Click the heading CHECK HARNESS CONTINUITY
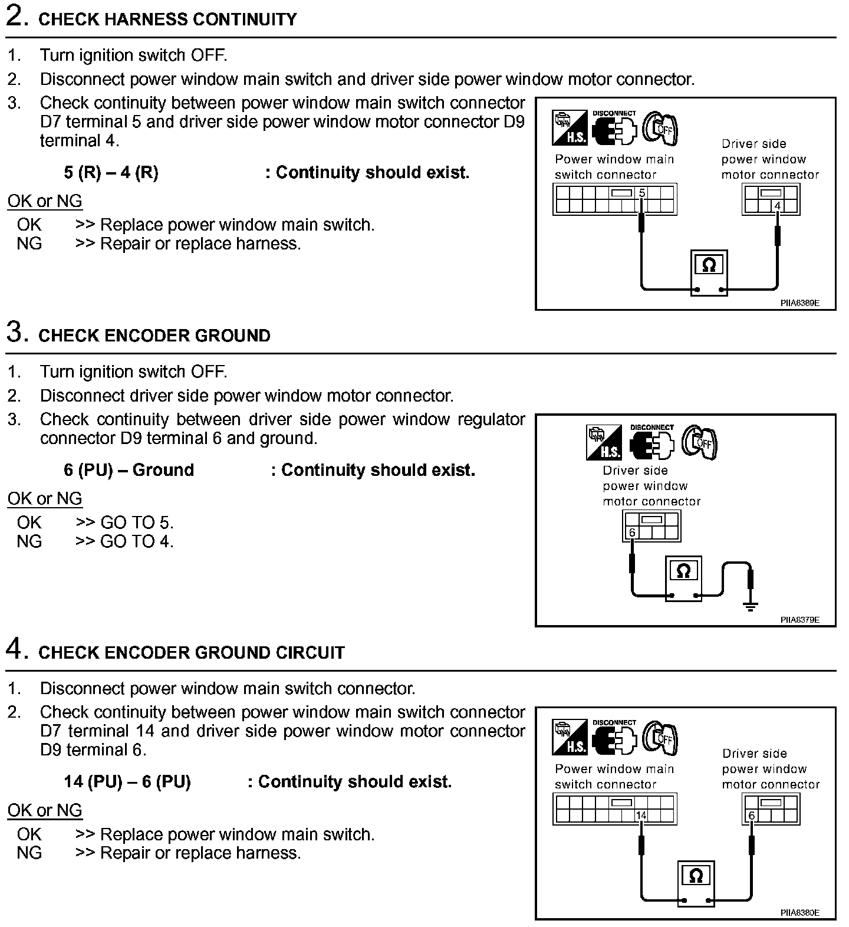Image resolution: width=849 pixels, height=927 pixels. (167, 19)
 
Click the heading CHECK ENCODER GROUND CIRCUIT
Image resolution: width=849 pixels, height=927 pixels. (191, 653)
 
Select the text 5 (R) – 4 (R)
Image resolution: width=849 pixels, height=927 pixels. (111, 173)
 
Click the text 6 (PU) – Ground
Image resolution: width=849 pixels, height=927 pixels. (129, 470)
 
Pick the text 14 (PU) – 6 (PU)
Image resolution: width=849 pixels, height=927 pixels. (127, 782)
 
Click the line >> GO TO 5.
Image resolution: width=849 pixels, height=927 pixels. (124, 522)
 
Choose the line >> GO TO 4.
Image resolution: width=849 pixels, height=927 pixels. (124, 541)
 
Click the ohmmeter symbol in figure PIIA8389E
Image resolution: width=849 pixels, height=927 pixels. (709, 266)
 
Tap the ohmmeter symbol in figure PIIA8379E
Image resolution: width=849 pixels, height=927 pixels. (683, 571)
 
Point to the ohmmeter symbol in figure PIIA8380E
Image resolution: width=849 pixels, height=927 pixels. (696, 876)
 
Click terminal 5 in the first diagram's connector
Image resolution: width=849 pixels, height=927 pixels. (642, 193)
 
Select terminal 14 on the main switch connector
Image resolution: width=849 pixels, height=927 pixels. (641, 816)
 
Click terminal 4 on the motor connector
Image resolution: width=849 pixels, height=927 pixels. (777, 206)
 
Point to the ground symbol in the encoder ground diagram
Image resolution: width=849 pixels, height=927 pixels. (750, 606)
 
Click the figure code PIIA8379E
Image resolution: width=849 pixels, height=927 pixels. (800, 620)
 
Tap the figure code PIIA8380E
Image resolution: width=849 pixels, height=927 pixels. (800, 913)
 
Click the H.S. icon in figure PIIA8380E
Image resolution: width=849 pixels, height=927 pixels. (570, 737)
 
